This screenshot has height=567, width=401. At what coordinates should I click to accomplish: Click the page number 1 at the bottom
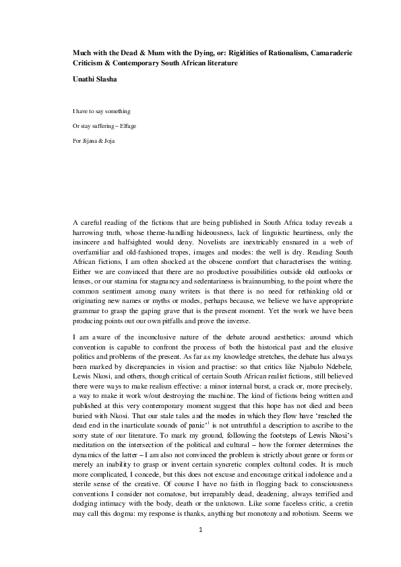pyautogui.click(x=201, y=549)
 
